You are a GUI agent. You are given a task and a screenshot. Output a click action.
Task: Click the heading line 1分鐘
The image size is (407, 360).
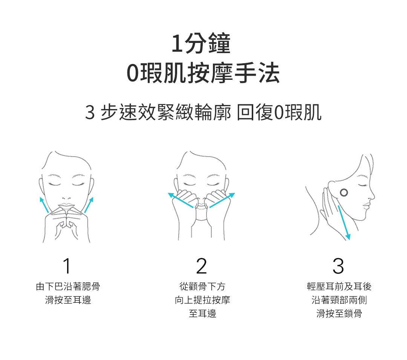[201, 43]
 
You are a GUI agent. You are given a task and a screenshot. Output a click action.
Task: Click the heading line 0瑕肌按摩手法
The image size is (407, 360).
[203, 73]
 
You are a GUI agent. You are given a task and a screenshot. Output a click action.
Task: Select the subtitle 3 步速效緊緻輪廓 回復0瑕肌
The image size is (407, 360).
[203, 112]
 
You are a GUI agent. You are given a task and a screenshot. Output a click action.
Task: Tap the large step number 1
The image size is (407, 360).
[67, 266]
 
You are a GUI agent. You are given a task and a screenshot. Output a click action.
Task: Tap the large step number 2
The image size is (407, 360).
[201, 266]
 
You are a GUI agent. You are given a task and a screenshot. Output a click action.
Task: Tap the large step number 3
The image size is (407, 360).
[338, 266]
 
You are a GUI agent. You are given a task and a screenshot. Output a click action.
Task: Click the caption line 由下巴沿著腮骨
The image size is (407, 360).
[68, 287]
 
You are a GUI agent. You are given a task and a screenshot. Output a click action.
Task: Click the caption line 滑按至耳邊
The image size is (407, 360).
[68, 300]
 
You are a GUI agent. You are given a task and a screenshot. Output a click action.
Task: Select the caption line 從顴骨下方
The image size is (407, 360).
[202, 287]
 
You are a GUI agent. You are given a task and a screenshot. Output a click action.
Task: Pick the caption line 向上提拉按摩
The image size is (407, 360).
[202, 300]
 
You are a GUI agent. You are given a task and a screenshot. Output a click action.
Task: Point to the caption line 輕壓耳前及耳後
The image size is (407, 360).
[339, 287]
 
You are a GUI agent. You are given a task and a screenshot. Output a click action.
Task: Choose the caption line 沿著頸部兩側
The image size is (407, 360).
[339, 300]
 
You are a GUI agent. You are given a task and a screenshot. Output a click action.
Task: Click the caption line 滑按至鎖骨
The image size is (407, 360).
[339, 314]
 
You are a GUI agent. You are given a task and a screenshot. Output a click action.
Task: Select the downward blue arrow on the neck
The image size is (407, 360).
[344, 223]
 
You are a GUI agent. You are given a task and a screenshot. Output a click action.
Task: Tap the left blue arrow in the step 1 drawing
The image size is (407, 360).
[44, 205]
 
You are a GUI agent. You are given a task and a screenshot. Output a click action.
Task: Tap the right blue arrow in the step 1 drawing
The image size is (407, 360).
[89, 205]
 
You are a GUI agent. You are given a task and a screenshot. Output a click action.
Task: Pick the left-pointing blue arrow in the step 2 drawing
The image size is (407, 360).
[181, 200]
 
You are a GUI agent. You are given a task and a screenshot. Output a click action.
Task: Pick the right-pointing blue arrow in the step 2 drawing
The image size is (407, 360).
[222, 200]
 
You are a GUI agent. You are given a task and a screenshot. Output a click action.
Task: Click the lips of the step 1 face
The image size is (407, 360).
[66, 206]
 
